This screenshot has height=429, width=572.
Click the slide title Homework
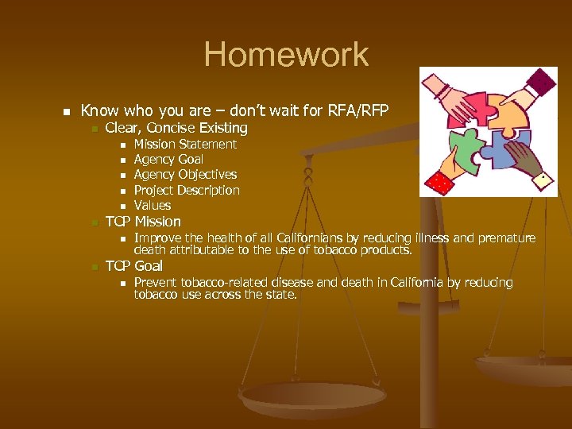pyautogui.click(x=286, y=55)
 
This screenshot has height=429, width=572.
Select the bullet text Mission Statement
pyautogui.click(x=185, y=145)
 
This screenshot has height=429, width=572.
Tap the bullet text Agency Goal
pyautogui.click(x=168, y=160)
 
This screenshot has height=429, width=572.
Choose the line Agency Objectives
pyautogui.click(x=185, y=175)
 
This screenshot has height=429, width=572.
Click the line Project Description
pyautogui.click(x=187, y=191)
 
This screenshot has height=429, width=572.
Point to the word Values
pyautogui.click(x=153, y=206)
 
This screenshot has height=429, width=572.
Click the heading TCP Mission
pyautogui.click(x=143, y=222)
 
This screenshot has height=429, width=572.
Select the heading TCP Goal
pyautogui.click(x=133, y=266)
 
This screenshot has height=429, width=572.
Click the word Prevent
pyautogui.click(x=155, y=283)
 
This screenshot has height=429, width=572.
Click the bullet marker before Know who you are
pyautogui.click(x=68, y=111)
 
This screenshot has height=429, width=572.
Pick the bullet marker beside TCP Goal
pyautogui.click(x=94, y=267)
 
